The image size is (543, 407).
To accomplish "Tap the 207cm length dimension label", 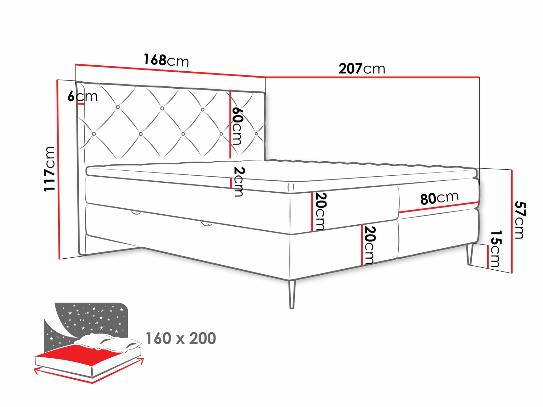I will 361,69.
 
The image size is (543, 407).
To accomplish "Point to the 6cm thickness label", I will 82,96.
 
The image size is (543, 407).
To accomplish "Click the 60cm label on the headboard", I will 237,126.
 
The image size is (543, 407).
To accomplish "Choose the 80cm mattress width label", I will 439,198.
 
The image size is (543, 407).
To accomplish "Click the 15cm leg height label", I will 495,248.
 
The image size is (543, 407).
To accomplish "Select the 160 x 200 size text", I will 181,338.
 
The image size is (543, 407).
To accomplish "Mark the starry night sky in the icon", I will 91,317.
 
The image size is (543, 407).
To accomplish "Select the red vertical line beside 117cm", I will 59,170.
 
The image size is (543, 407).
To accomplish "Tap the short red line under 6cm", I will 80,104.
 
